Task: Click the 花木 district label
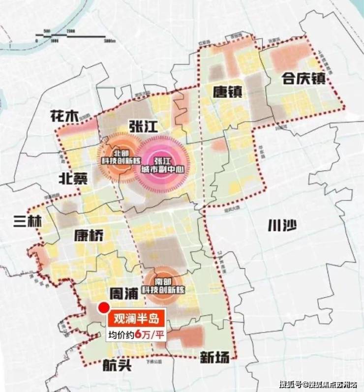tap(64, 116)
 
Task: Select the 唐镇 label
tap(227, 92)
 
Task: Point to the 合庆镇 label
tap(303, 78)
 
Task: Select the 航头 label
tap(117, 365)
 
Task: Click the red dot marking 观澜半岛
tap(103, 308)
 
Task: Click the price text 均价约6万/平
tap(136, 335)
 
